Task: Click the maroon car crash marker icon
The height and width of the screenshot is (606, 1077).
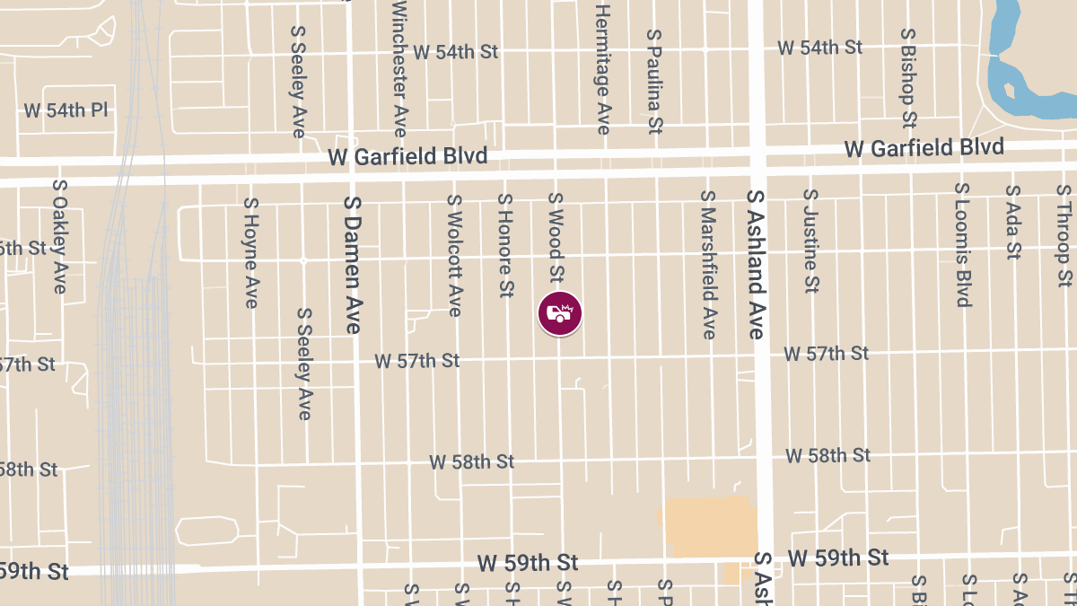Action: point(560,314)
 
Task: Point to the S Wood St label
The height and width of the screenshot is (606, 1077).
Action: point(556,237)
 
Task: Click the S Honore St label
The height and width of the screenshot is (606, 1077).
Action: point(505,246)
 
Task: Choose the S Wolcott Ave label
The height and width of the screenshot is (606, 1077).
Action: point(454,256)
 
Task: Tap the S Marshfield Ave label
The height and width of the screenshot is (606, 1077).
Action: point(708,265)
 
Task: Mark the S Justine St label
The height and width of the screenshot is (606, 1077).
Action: point(810,241)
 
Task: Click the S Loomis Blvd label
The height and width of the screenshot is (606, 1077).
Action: point(963,245)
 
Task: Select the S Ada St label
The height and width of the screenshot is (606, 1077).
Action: point(1013,222)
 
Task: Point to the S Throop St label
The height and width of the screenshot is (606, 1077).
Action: point(1064,235)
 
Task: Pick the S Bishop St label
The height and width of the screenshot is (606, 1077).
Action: point(908,77)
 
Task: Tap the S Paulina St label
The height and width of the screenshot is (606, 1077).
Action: point(654,81)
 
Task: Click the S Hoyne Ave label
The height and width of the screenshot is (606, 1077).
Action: point(250,253)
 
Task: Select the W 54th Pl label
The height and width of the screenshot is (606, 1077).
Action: point(66,110)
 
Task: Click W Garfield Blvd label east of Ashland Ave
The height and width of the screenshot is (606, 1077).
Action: point(924,147)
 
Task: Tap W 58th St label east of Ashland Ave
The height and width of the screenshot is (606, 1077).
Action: point(827,455)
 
